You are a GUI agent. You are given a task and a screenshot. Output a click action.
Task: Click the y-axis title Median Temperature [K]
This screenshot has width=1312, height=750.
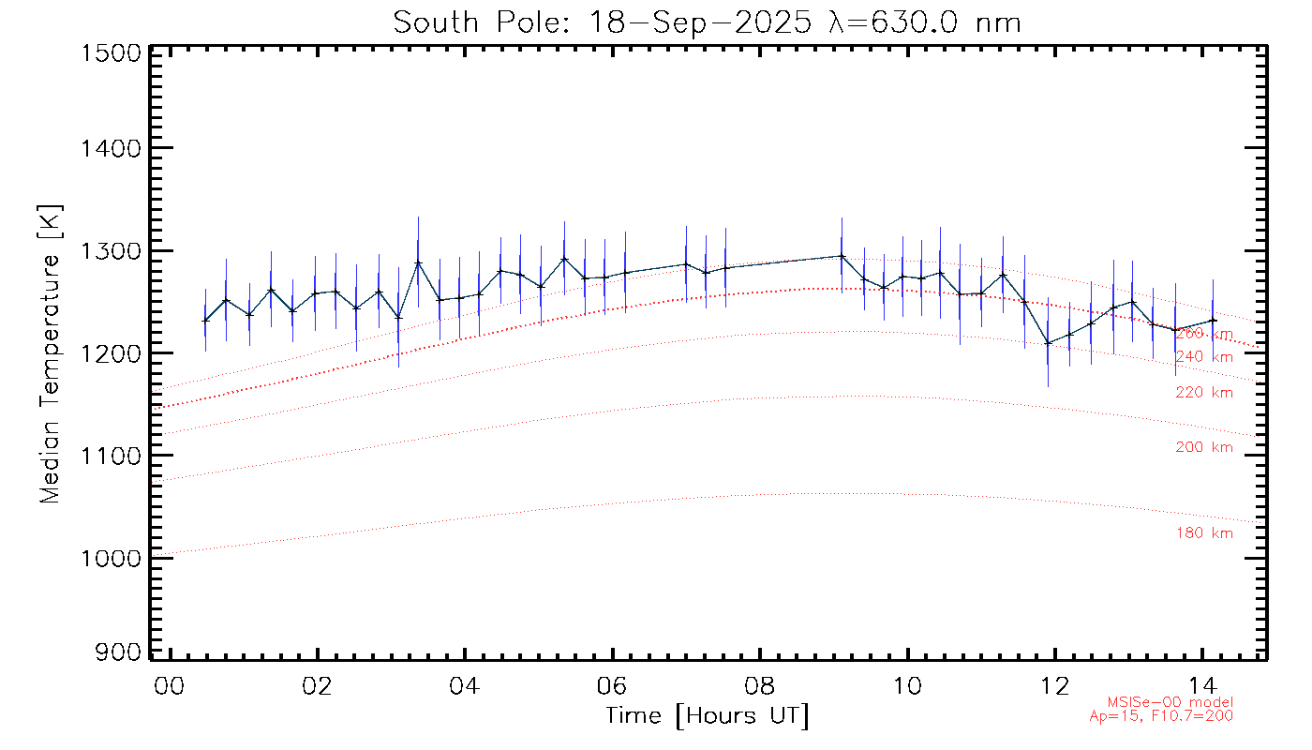click(x=50, y=352)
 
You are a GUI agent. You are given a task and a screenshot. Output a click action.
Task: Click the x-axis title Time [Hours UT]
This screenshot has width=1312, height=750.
click(x=707, y=716)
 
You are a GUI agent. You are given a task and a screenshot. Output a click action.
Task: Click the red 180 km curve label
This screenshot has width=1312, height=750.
click(x=1204, y=533)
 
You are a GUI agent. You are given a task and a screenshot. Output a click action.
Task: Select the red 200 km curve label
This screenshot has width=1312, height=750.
click(x=1204, y=447)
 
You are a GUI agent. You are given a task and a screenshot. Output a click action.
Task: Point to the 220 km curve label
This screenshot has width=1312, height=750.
click(x=1204, y=393)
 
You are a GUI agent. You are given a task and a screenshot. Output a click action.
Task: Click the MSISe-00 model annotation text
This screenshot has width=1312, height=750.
click(x=1170, y=702)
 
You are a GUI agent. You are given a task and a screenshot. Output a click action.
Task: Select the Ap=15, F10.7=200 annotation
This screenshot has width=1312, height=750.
click(x=1161, y=715)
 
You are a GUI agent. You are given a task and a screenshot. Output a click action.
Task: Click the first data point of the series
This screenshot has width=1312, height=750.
click(x=205, y=321)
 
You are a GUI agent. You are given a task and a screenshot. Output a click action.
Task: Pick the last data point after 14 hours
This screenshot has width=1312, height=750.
click(x=1214, y=321)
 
